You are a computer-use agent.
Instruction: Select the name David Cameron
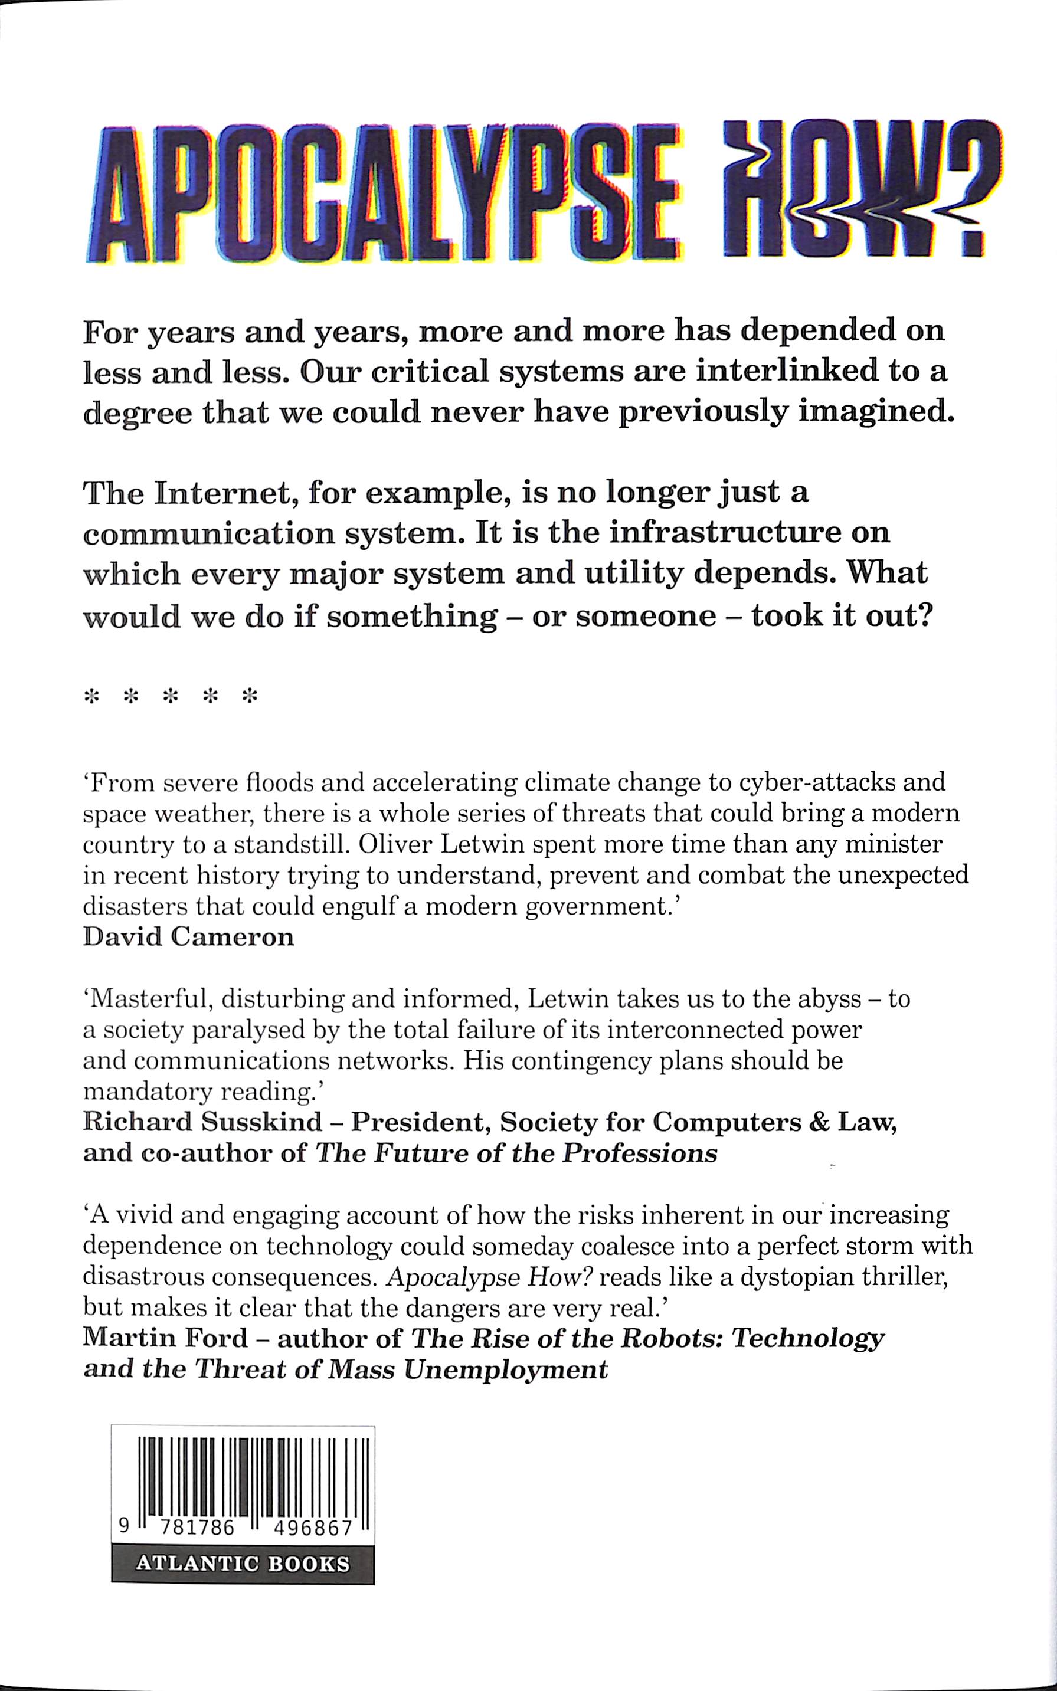click(188, 937)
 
